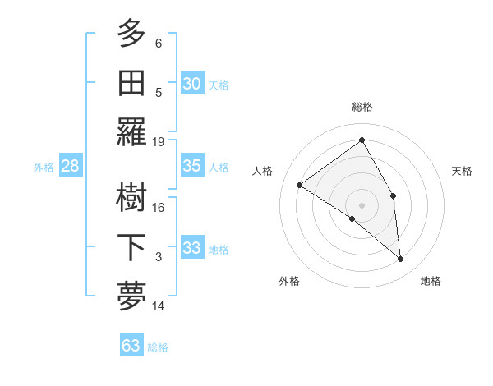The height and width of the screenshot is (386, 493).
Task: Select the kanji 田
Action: pyautogui.click(x=131, y=82)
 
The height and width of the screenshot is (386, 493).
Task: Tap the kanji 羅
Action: pyautogui.click(x=131, y=131)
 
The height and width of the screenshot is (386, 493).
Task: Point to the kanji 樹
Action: pyautogui.click(x=131, y=197)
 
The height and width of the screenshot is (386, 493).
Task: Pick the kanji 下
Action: pyautogui.click(x=131, y=247)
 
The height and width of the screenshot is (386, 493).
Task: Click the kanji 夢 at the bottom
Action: pyautogui.click(x=131, y=296)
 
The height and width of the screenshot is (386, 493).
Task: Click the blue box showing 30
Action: pyautogui.click(x=192, y=83)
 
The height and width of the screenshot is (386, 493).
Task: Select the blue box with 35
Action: pyautogui.click(x=192, y=166)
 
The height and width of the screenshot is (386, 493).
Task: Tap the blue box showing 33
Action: pyautogui.click(x=192, y=248)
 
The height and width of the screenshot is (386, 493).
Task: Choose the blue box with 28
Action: pyautogui.click(x=70, y=166)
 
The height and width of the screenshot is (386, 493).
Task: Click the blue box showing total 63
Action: pyautogui.click(x=131, y=346)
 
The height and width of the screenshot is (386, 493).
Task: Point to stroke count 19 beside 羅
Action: pyautogui.click(x=159, y=141)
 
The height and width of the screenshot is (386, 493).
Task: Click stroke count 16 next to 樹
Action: pyautogui.click(x=159, y=207)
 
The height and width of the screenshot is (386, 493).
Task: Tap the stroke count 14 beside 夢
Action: pyautogui.click(x=159, y=306)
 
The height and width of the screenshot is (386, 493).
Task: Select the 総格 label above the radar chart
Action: pyautogui.click(x=362, y=107)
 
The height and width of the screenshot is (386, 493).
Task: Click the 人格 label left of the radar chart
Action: pyautogui.click(x=263, y=171)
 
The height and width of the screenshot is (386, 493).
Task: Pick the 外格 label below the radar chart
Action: pyautogui.click(x=289, y=281)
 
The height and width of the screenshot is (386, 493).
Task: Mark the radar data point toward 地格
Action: pyautogui.click(x=401, y=260)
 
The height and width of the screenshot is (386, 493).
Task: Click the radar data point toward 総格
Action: pyautogui.click(x=362, y=140)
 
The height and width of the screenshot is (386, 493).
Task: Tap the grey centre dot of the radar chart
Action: pyautogui.click(x=362, y=204)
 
